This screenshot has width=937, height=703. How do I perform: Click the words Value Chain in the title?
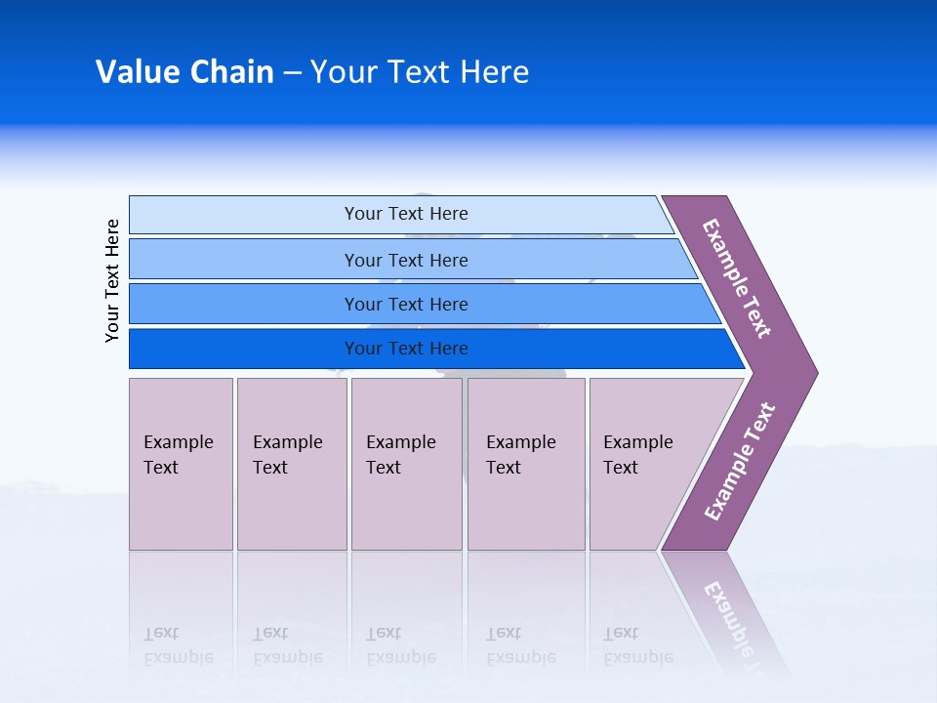click(184, 72)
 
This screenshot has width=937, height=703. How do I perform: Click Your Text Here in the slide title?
click(420, 72)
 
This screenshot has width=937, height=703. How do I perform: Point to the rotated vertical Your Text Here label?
click(113, 280)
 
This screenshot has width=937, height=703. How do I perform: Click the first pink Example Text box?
click(181, 464)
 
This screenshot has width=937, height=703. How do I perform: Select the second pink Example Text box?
click(292, 464)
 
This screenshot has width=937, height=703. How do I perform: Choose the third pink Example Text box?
click(406, 464)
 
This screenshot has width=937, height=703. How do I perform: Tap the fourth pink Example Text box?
click(526, 464)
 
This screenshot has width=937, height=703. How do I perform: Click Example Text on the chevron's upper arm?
click(737, 278)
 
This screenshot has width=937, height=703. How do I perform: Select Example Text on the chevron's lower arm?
click(740, 462)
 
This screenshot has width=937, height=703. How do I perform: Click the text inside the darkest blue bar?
click(406, 349)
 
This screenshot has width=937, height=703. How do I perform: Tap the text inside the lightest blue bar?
click(406, 214)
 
